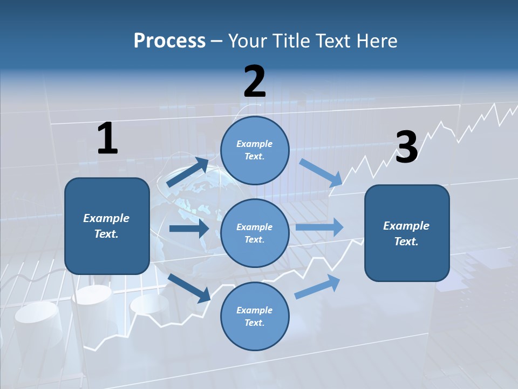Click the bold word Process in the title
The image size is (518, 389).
pyautogui.click(x=169, y=41)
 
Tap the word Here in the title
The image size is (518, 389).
pyautogui.click(x=377, y=41)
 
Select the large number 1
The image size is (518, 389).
pyautogui.click(x=107, y=139)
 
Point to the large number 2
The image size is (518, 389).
pyautogui.click(x=255, y=82)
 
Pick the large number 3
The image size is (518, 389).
pyautogui.click(x=406, y=147)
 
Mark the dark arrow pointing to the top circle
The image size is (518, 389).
pyautogui.click(x=187, y=172)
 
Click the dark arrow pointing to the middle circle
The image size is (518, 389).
pyautogui.click(x=189, y=229)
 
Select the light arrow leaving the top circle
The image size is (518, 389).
pyautogui.click(x=321, y=172)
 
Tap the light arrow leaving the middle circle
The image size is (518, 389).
pyautogui.click(x=319, y=227)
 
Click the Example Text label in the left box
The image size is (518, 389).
pyautogui.click(x=106, y=226)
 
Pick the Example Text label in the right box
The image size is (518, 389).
pyautogui.click(x=406, y=233)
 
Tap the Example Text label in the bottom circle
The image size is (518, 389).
pyautogui.click(x=254, y=316)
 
